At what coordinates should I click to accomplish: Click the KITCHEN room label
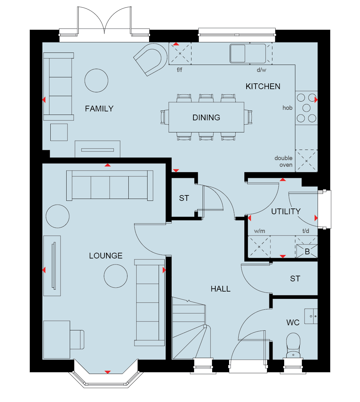[263, 87]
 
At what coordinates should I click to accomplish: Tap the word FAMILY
[99, 109]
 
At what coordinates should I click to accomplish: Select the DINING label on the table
[206, 118]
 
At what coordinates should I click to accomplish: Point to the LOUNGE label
[106, 256]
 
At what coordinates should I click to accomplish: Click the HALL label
[220, 289]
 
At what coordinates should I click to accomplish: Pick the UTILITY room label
[286, 212]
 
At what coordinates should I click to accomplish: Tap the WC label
[293, 323]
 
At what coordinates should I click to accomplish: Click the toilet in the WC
[293, 346]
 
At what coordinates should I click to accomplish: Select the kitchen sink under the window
[248, 53]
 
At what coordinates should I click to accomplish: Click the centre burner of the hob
[306, 108]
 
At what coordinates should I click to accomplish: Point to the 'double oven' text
[284, 161]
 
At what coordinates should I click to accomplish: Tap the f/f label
[179, 70]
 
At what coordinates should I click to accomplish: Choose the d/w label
[262, 70]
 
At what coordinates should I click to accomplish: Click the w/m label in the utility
[259, 231]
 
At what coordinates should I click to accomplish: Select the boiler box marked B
[307, 251]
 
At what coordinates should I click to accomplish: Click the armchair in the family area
[151, 59]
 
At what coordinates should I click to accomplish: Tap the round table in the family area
[96, 81]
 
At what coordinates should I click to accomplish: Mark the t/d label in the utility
[306, 231]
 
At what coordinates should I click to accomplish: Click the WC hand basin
[311, 316]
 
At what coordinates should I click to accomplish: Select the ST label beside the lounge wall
[184, 198]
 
